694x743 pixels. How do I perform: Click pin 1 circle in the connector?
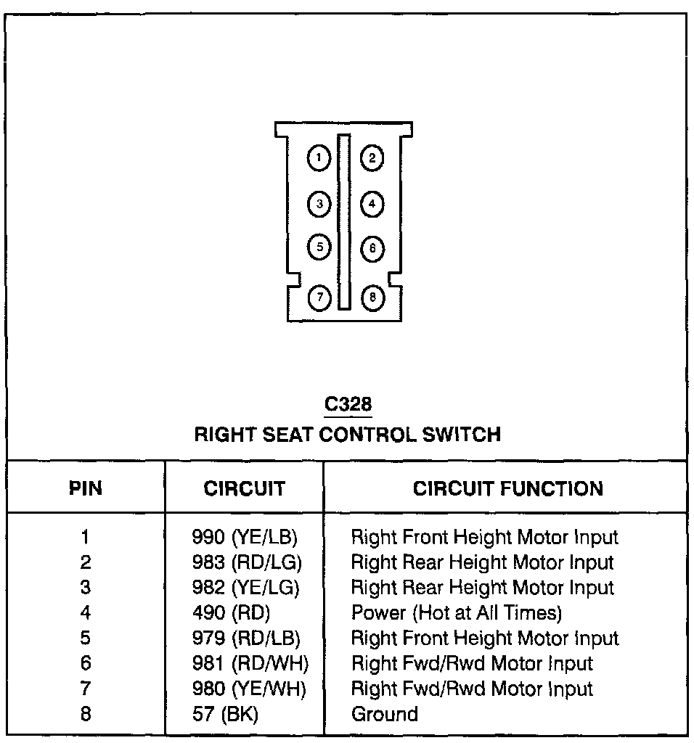[x=319, y=158]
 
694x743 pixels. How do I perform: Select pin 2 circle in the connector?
[x=372, y=158]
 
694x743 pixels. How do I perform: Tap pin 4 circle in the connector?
[x=372, y=204]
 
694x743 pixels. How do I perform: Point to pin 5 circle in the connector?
[x=319, y=247]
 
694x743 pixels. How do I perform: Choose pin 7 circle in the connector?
[x=319, y=297]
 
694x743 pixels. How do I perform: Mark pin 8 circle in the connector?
[x=372, y=297]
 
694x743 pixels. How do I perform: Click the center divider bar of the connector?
[x=344, y=221]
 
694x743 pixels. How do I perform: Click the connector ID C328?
[x=348, y=404]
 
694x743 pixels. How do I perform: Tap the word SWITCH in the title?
[x=462, y=435]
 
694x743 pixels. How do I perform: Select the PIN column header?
[x=86, y=488]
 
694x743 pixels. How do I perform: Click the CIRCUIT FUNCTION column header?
[x=507, y=488]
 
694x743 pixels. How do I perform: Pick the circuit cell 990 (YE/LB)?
[x=245, y=538]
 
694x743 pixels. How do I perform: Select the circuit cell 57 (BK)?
[x=226, y=714]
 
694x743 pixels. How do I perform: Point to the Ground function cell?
[x=384, y=714]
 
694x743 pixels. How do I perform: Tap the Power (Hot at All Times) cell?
[x=456, y=613]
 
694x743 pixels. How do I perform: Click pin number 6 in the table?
[x=86, y=664]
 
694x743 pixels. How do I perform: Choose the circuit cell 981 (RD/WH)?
[x=247, y=664]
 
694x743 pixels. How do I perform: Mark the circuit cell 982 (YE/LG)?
[x=245, y=588]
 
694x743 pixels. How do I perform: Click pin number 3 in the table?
[x=86, y=588]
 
